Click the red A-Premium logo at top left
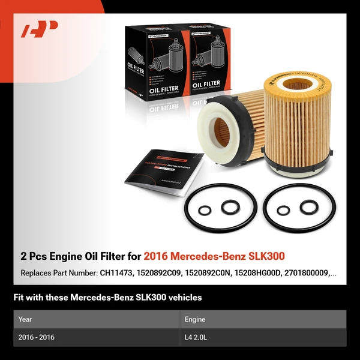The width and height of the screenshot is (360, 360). click(x=40, y=29)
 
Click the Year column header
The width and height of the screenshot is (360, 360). click(x=25, y=320)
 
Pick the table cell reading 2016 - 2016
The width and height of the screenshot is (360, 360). click(x=36, y=337)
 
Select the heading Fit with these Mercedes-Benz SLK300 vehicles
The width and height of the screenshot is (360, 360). click(x=107, y=297)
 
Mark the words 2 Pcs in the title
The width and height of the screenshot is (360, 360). click(x=34, y=257)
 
